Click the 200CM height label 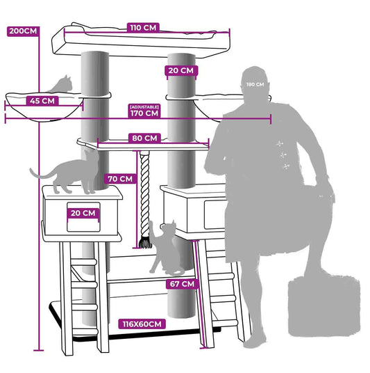tap(23, 31)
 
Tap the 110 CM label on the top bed tap(143, 28)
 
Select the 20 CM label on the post tap(181, 71)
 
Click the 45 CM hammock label tap(42, 101)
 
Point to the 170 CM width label tap(144, 113)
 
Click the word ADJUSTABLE tap(144, 106)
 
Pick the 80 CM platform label tap(144, 138)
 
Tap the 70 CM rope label tap(120, 179)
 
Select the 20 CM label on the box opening tap(83, 213)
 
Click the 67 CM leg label tap(182, 284)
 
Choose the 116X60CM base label tap(142, 324)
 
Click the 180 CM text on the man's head tap(255, 84)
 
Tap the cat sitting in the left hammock tap(61, 84)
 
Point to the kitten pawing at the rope tap(166, 248)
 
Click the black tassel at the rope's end tap(145, 243)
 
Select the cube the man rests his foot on tap(324, 306)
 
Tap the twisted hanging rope tap(144, 195)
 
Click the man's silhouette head tap(254, 80)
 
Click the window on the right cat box tap(215, 215)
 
